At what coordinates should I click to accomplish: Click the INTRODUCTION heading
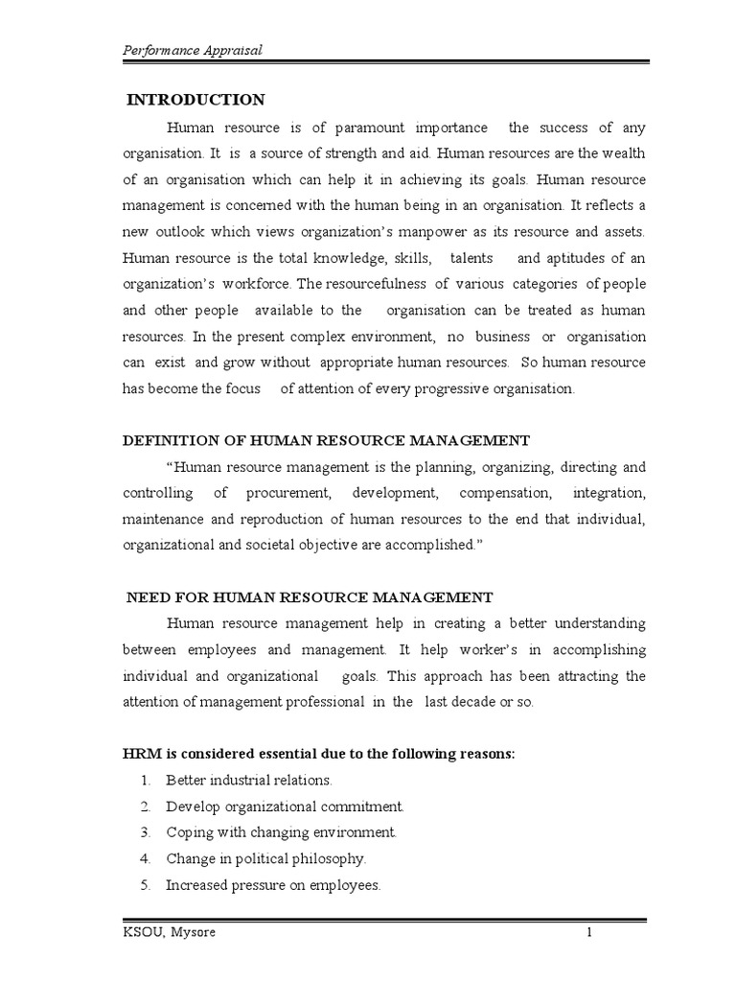click(x=196, y=100)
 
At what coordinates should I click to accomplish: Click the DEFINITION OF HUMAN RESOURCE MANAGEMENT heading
click(x=326, y=440)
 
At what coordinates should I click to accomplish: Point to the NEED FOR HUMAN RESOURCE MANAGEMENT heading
click(x=310, y=597)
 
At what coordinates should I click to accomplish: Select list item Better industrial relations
click(x=248, y=781)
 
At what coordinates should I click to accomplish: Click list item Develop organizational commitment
click(x=285, y=807)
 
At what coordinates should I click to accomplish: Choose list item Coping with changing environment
click(x=281, y=832)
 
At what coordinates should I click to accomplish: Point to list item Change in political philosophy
click(x=265, y=859)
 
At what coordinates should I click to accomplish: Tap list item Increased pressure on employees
click(x=273, y=885)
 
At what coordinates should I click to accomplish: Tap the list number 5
click(x=144, y=885)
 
